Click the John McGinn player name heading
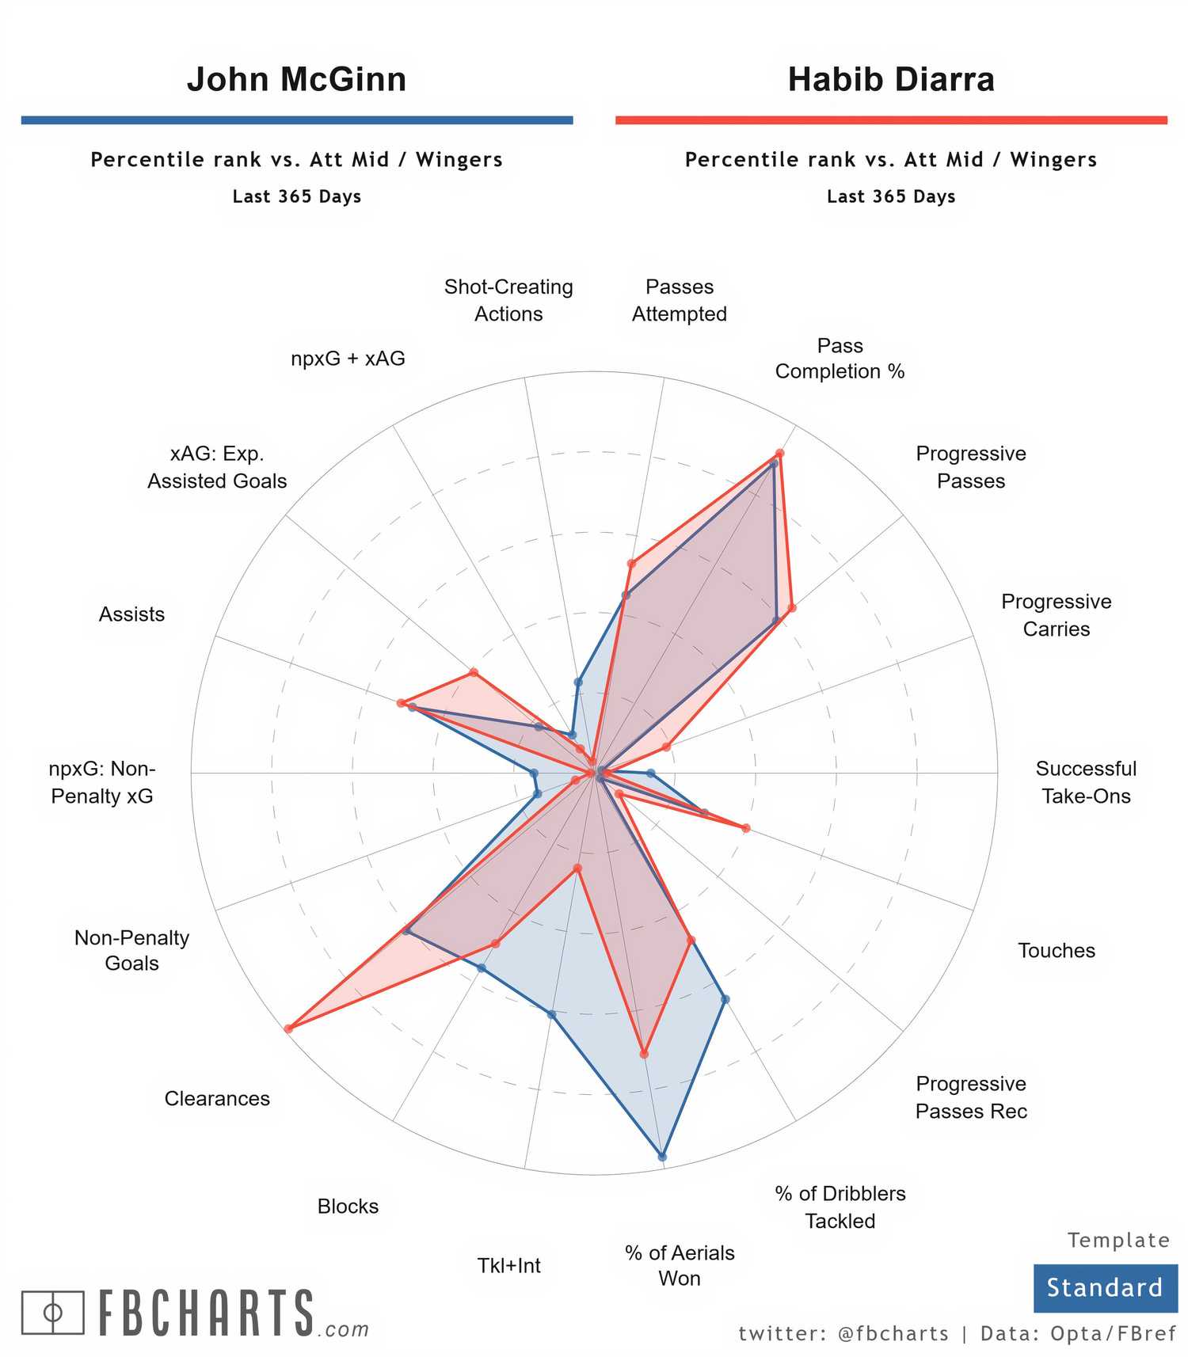[x=296, y=79]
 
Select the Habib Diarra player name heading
[x=891, y=79]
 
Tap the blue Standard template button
[x=1105, y=1288]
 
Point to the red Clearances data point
[x=288, y=1028]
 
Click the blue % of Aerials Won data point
[x=662, y=1157]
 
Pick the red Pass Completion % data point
[x=779, y=454]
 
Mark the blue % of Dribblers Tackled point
[x=725, y=999]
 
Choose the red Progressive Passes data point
[x=791, y=608]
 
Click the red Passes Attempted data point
[x=631, y=564]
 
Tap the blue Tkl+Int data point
[x=552, y=1014]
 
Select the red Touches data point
[x=744, y=828]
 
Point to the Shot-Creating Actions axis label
[x=508, y=300]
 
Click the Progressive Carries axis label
[x=1056, y=615]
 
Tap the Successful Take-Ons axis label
[x=1086, y=782]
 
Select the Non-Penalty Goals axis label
[x=131, y=950]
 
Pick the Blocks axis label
[x=348, y=1206]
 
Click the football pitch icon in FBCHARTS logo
[x=52, y=1313]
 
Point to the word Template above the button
[x=1118, y=1240]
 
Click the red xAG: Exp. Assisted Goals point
[x=474, y=673]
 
